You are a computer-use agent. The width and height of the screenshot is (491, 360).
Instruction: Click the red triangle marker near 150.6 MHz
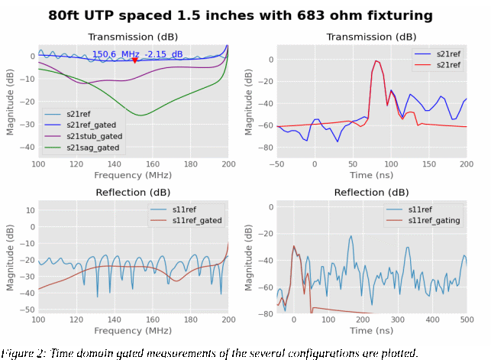[135, 60]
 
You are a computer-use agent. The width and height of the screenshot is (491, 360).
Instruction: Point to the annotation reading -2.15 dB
[166, 54]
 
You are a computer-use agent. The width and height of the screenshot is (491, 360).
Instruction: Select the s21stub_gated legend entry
[93, 135]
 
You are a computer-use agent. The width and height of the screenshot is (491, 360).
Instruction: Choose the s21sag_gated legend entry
[92, 147]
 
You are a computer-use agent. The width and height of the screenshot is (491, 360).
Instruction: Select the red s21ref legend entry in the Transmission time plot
[448, 66]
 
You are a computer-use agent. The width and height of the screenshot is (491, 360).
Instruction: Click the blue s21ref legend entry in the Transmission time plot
[448, 54]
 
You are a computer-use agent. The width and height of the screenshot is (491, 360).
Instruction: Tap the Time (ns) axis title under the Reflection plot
[371, 331]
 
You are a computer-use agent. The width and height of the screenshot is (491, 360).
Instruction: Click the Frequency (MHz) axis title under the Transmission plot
[133, 175]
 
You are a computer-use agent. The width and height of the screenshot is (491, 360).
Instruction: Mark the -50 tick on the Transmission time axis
[276, 164]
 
